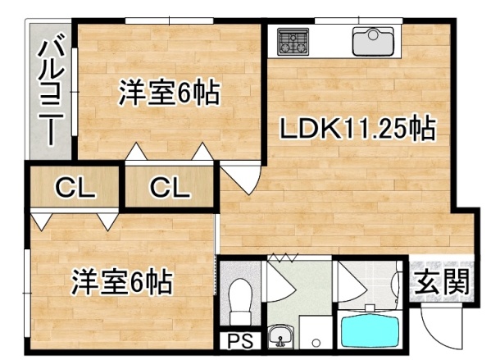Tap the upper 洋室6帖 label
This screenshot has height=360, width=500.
(x=169, y=93)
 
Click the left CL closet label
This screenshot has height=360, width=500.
(x=75, y=188)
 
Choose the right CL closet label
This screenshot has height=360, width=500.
(x=170, y=188)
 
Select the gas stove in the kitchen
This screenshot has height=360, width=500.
(x=292, y=41)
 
